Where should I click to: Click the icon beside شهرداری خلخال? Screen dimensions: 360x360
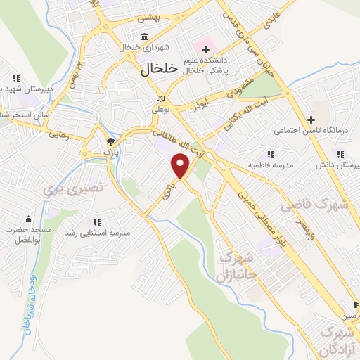point(144,37)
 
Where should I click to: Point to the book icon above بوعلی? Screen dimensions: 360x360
point(161,98)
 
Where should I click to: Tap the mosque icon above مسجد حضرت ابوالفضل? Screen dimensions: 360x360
point(27,219)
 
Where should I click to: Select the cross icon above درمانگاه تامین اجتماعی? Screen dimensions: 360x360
point(309,119)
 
